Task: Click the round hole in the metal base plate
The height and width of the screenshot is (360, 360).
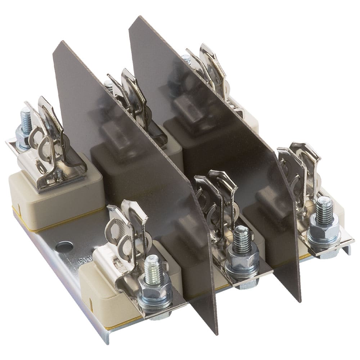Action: (x=64, y=247)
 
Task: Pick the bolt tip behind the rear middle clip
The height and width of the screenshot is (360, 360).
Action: (x=108, y=86)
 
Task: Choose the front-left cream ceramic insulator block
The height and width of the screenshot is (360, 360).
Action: (x=101, y=288)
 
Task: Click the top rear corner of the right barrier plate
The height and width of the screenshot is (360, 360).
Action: (x=139, y=17)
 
